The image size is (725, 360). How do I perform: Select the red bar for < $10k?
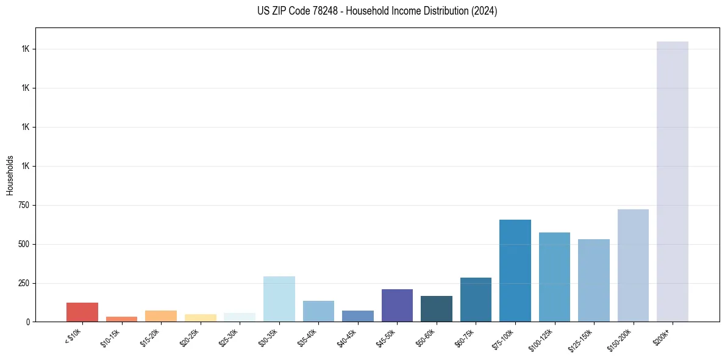pyautogui.click(x=82, y=312)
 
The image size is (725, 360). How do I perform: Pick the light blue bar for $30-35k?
pyautogui.click(x=279, y=299)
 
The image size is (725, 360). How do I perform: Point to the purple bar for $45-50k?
pyautogui.click(x=397, y=305)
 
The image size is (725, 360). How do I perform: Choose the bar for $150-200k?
pyautogui.click(x=633, y=265)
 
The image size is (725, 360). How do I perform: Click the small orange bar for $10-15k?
pyautogui.click(x=121, y=319)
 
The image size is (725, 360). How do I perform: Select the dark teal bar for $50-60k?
pyautogui.click(x=437, y=309)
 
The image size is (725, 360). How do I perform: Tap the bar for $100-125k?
pyautogui.click(x=554, y=277)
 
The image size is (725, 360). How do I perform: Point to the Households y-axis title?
pyautogui.click(x=10, y=175)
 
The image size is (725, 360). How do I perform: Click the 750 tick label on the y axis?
pyautogui.click(x=23, y=205)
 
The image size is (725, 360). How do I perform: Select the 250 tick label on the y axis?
pyautogui.click(x=23, y=283)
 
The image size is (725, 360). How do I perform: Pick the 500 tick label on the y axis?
pyautogui.click(x=23, y=244)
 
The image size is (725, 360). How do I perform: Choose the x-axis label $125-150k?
pyautogui.click(x=583, y=338)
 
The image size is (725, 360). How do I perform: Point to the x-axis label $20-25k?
pyautogui.click(x=191, y=336)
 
